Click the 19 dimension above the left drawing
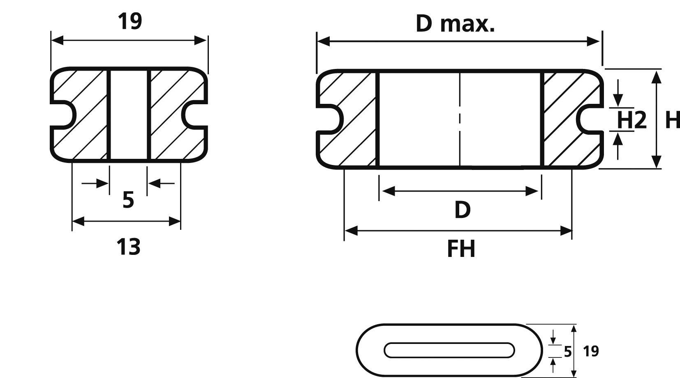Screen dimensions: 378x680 [130, 21]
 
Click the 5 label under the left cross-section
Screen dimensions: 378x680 [128, 200]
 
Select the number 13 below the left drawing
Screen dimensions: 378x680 [128, 247]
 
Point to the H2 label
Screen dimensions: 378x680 [631, 120]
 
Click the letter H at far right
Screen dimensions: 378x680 [672, 120]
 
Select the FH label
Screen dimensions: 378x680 [461, 249]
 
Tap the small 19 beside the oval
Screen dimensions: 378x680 [591, 351]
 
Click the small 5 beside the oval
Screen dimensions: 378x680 [567, 352]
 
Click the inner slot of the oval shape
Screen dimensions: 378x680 [449, 350]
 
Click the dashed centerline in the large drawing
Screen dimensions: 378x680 [460, 119]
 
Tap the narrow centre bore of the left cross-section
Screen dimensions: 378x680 [129, 115]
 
